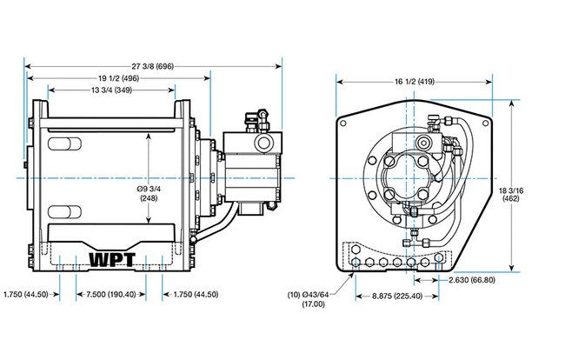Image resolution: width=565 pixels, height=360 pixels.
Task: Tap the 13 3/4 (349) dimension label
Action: pos(111,90)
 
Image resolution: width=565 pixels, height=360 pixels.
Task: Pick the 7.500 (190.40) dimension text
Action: pos(110,295)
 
